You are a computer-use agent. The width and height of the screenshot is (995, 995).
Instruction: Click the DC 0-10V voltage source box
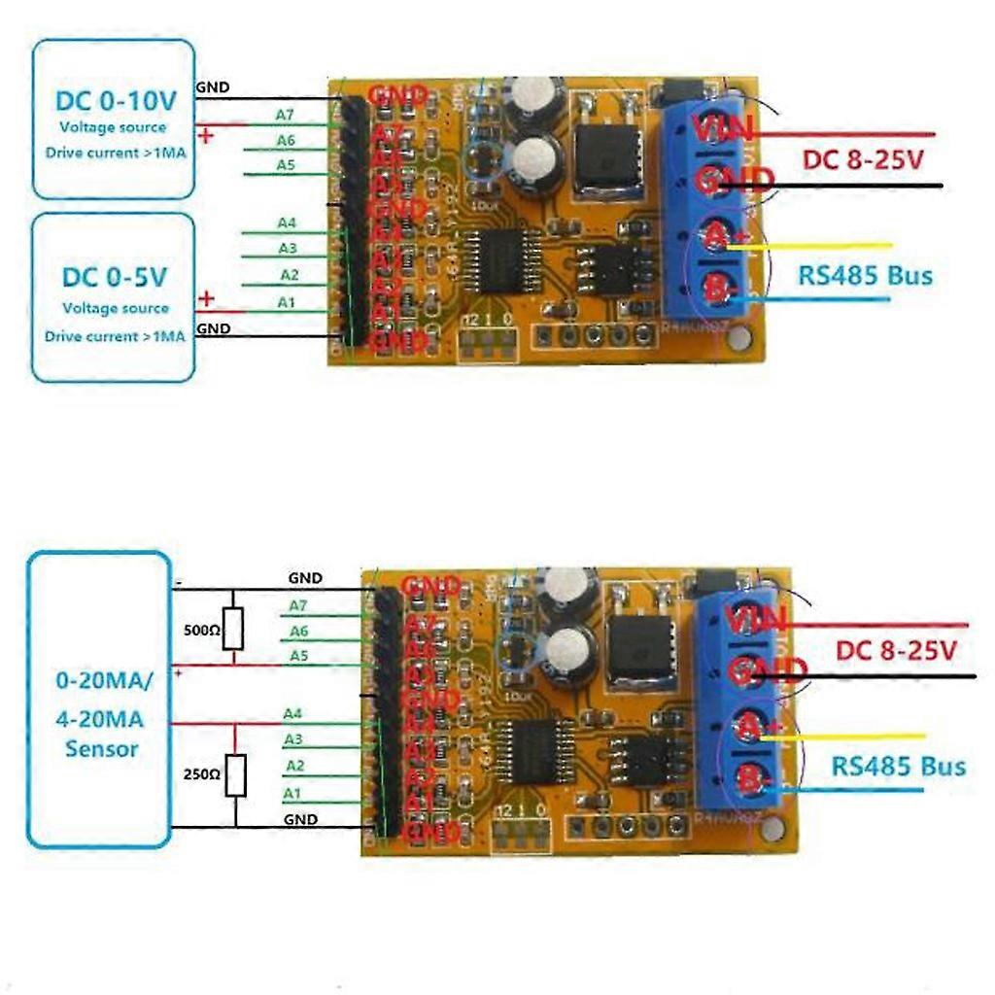point(113,119)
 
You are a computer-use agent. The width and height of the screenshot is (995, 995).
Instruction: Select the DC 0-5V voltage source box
point(113,297)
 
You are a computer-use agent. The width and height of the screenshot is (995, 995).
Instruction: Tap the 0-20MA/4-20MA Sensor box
point(99,700)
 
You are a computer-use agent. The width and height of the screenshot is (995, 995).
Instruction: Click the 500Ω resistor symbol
point(233,630)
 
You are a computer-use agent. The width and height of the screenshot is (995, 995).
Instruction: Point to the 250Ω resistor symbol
point(235,775)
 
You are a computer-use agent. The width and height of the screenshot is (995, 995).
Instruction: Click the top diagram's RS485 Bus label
point(865,275)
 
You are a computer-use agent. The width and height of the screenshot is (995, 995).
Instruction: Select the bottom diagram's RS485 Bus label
point(898,767)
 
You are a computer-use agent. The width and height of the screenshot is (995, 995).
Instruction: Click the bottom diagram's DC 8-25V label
point(896,651)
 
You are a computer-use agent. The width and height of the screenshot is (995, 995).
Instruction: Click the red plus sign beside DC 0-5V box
point(205,297)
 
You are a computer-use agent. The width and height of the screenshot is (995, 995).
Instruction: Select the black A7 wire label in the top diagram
point(286,115)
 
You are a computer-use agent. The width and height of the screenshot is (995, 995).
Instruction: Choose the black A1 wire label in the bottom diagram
point(292,794)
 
